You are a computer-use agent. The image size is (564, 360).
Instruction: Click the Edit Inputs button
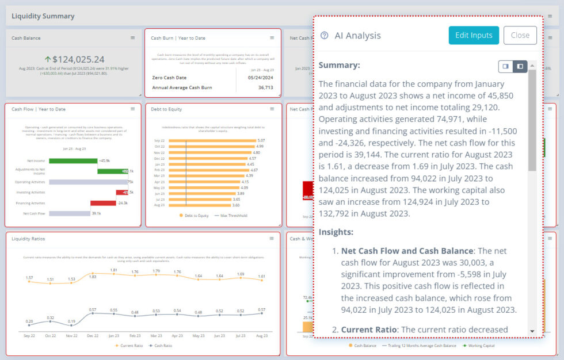tap(474, 35)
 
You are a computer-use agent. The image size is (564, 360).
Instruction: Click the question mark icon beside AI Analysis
tap(324, 36)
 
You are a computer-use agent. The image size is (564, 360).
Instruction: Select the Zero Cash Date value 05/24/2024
tap(260, 77)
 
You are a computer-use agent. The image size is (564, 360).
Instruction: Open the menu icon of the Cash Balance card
tap(132, 38)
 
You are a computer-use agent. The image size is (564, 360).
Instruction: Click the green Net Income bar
tap(73, 160)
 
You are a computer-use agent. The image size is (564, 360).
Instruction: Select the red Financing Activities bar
tap(103, 202)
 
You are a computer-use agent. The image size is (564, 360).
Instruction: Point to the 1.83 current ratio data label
tap(93, 277)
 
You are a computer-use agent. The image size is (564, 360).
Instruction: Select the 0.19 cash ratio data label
tap(71, 321)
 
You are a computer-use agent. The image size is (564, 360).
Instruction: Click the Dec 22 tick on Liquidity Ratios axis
tap(93, 335)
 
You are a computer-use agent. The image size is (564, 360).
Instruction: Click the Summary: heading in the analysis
tap(339, 65)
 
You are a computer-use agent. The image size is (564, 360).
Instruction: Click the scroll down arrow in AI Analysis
tap(532, 331)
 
